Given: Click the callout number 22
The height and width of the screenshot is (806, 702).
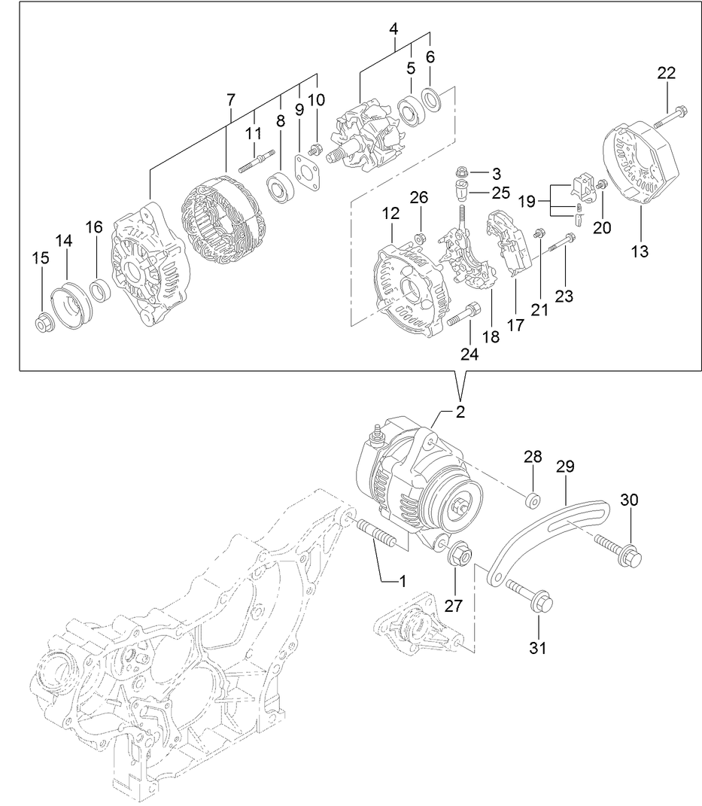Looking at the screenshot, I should point(666,73).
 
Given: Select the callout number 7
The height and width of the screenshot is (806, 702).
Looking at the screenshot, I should point(230,99).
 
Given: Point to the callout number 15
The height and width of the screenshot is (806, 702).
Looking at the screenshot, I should point(40,258).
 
